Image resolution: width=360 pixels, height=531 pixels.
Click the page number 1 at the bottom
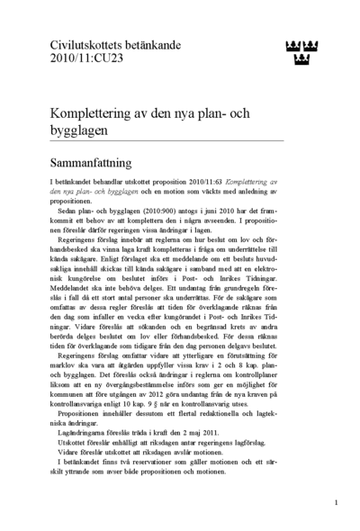point(335,501)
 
